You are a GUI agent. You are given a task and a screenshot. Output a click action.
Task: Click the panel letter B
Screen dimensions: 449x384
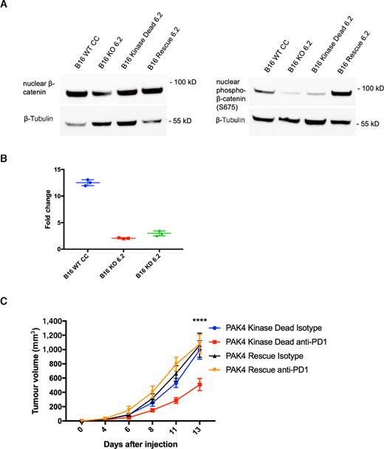tap(5, 157)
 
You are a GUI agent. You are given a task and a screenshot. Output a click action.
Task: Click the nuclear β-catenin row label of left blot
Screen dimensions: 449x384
tap(38, 92)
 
